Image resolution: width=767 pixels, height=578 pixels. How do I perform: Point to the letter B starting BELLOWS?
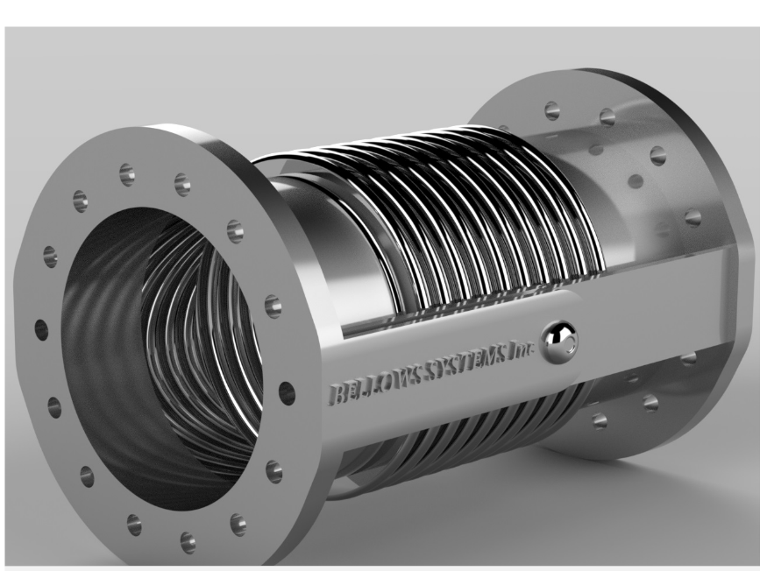tap(336, 393)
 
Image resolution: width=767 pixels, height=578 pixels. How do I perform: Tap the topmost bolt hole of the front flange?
tap(127, 173)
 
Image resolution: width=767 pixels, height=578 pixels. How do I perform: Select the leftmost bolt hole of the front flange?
tap(42, 329)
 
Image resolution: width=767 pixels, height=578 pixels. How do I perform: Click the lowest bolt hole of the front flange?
tap(187, 540)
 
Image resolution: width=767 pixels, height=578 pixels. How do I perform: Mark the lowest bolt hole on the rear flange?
tap(599, 420)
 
